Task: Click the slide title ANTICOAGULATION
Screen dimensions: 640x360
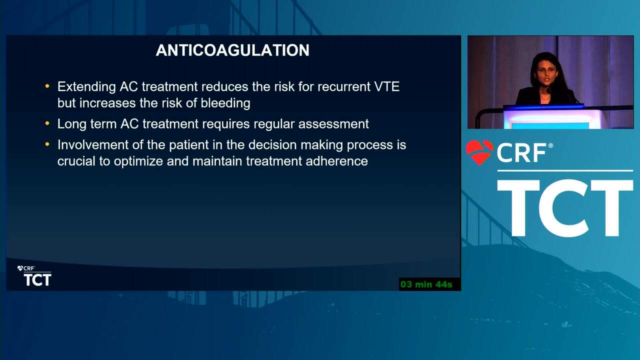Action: [x=232, y=50]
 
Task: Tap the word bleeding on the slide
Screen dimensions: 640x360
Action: [x=225, y=103]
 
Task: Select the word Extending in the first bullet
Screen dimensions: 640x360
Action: [x=86, y=87]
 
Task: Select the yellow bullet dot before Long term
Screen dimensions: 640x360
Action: [x=47, y=123]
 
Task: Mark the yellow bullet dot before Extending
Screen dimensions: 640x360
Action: [x=47, y=86]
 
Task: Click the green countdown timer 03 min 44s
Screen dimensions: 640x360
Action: [x=426, y=284]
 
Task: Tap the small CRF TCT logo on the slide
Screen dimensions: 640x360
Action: [x=34, y=275]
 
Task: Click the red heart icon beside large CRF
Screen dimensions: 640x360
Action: [x=479, y=152]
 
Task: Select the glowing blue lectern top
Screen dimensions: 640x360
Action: [x=543, y=107]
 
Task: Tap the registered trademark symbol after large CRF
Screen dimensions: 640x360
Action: [x=550, y=145]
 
